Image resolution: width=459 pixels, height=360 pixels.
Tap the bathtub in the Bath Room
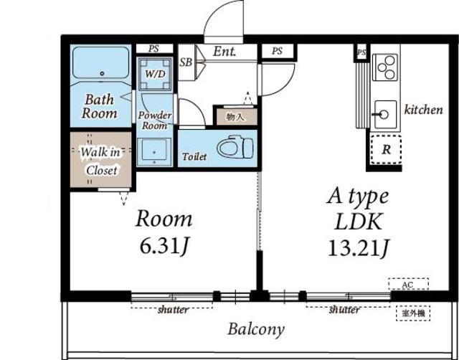click(x=100, y=62)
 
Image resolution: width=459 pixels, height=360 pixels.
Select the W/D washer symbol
click(x=155, y=73)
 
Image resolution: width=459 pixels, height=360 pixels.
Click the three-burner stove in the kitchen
click(x=385, y=67)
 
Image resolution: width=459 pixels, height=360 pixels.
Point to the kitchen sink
click(x=385, y=115)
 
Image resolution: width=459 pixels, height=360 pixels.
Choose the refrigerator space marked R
click(x=386, y=149)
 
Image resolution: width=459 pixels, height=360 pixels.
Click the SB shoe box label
click(x=186, y=62)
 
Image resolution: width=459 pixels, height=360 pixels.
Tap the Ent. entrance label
click(x=224, y=52)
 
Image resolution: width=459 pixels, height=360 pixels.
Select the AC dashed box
click(x=408, y=284)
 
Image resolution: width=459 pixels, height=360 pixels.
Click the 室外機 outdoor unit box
click(x=413, y=313)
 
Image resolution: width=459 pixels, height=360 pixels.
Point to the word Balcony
click(x=256, y=329)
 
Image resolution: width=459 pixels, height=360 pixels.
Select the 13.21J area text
click(x=359, y=248)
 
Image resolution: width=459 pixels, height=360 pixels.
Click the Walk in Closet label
click(x=101, y=161)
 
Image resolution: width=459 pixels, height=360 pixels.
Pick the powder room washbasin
click(x=154, y=151)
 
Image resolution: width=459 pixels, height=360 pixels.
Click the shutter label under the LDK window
click(x=344, y=309)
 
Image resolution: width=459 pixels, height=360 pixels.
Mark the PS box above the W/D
click(x=154, y=49)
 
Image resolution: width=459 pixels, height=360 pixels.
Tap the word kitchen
click(x=423, y=110)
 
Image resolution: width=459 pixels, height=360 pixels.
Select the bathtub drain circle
click(x=102, y=73)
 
